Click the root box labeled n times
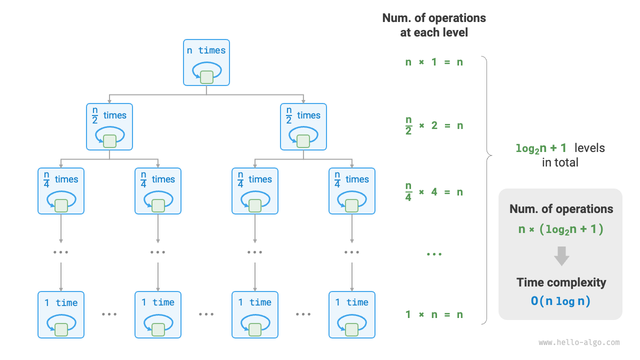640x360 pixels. pos(206,62)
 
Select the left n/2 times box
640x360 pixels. pos(109,126)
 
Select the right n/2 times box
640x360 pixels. pos(303,126)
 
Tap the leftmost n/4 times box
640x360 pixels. pos(61,191)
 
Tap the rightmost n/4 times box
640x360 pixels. pos(352,191)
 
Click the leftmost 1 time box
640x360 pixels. pos(61,315)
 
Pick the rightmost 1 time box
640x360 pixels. pos(352,315)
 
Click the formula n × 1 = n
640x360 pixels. pos(434,62)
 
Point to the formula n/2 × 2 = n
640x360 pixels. pos(434,125)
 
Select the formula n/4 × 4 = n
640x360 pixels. pos(434,191)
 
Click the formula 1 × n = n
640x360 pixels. pos(434,314)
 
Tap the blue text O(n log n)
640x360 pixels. pos(560,301)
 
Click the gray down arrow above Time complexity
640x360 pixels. pos(561,256)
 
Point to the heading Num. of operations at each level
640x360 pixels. pos(434,25)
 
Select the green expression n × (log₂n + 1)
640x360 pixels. pos(561,229)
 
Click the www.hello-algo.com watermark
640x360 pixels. pos(579,342)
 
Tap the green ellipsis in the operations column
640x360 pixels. pos(434,254)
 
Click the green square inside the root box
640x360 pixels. pos(206,77)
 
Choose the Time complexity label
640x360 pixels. pos(561,282)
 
